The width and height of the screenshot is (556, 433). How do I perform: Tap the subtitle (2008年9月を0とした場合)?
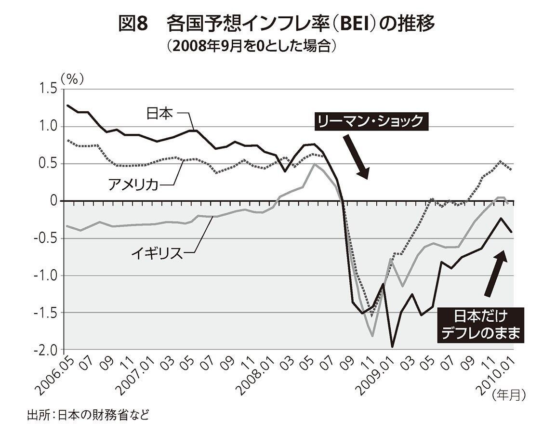tap(251, 46)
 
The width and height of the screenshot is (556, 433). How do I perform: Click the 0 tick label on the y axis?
tap(53, 201)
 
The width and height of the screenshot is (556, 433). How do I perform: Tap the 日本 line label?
tap(159, 114)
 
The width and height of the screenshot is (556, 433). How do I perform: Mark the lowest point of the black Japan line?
tap(393, 346)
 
